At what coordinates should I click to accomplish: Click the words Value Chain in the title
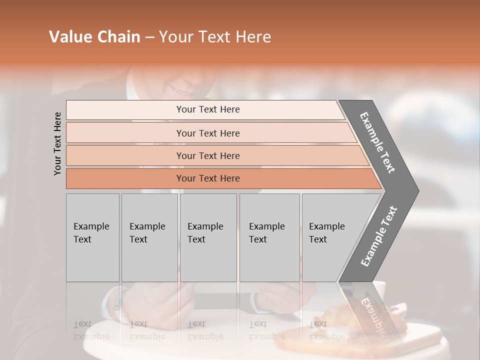94,37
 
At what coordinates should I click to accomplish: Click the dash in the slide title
149,37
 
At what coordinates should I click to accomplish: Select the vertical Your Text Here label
57,143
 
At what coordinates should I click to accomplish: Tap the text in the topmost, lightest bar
208,109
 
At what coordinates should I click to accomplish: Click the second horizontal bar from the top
208,133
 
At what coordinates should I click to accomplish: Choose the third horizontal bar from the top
208,155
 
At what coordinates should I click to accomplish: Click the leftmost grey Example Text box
92,237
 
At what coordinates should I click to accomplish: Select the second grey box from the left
149,237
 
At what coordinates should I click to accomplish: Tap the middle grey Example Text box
208,237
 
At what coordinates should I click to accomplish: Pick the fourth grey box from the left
269,237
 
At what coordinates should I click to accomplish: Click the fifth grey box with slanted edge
330,237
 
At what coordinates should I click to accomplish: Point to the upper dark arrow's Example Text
377,142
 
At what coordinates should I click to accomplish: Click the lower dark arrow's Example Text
378,236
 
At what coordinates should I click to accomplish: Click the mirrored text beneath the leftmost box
91,330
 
